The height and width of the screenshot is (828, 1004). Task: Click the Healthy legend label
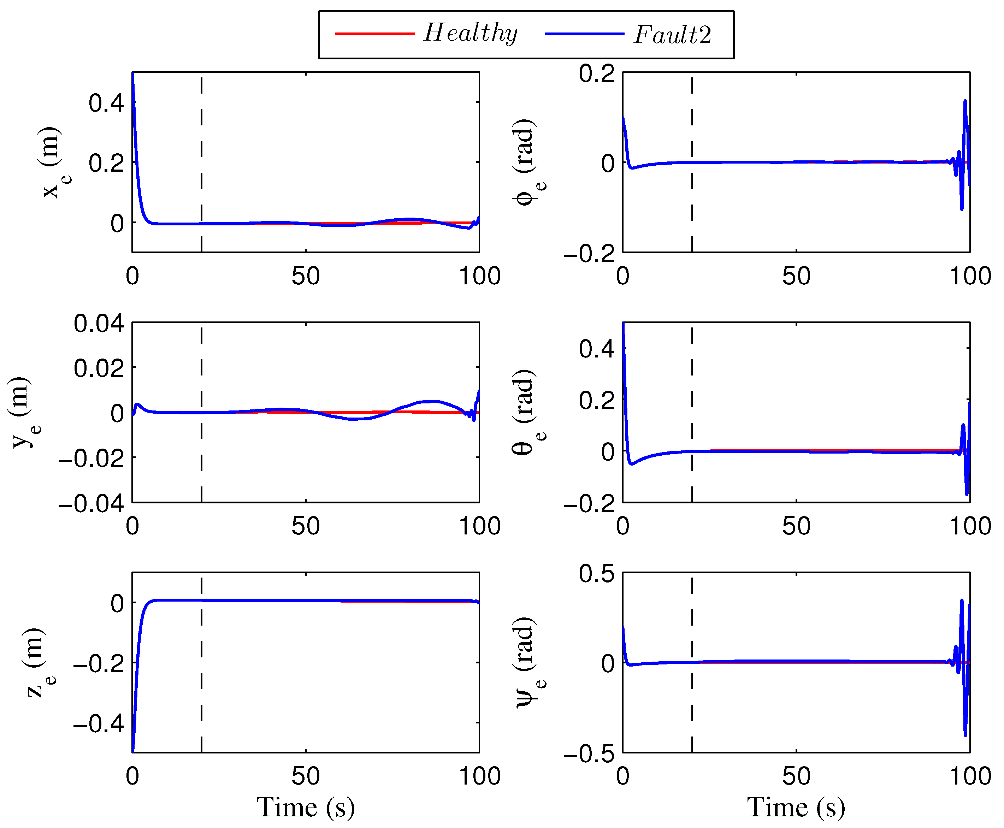(470, 34)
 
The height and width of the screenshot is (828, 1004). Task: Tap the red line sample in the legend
(374, 34)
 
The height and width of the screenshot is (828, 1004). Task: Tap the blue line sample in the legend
(584, 34)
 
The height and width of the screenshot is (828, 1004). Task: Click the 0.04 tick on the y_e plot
(99, 324)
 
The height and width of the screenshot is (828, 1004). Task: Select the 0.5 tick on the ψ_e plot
(597, 574)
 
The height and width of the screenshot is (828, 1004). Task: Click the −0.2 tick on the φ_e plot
(590, 254)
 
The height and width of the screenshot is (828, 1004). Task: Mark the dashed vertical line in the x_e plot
(201, 162)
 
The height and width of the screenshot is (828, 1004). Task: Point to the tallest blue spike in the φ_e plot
(965, 102)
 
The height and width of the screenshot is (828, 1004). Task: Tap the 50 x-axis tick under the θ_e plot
(796, 526)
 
